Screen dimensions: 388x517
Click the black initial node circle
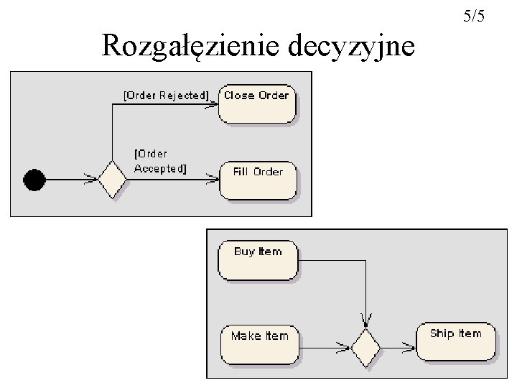34,179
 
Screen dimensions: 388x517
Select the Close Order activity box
256,105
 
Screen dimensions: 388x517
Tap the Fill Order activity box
258,180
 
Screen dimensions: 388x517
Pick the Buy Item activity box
258,259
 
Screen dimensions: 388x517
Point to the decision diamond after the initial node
112,180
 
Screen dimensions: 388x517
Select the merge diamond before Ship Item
365,348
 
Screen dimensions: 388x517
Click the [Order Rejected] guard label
166,95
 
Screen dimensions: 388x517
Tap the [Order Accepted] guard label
159,161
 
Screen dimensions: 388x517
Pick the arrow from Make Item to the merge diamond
323,349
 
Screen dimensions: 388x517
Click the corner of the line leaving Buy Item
366,259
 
